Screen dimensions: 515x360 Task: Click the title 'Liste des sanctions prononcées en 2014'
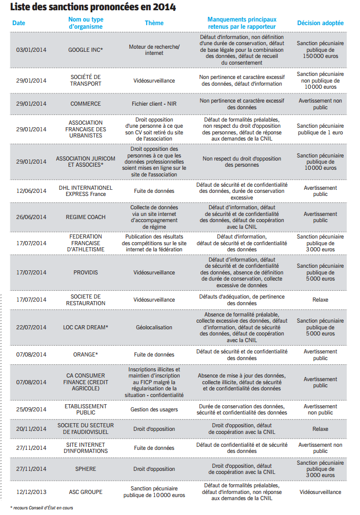pyautogui.click(x=93, y=7)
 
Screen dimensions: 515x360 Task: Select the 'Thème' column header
pyautogui.click(x=154, y=23)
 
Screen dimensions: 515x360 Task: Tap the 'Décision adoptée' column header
pyautogui.click(x=321, y=23)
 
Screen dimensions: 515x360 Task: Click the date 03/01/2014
pyautogui.click(x=31, y=50)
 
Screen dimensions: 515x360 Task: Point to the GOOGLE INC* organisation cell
pyautogui.click(x=86, y=50)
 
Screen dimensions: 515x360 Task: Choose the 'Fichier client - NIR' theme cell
pyautogui.click(x=154, y=104)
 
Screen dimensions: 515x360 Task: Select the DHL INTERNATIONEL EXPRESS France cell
pyautogui.click(x=86, y=191)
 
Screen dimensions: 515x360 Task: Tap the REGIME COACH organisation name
pyautogui.click(x=86, y=217)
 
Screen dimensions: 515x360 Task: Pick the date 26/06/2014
pyautogui.click(x=31, y=217)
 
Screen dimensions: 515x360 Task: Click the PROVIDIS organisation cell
pyautogui.click(x=86, y=272)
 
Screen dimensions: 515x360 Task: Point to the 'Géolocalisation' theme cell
pyautogui.click(x=154, y=327)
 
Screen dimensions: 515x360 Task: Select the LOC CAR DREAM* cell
pyautogui.click(x=86, y=327)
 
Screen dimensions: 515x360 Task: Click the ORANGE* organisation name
pyautogui.click(x=86, y=354)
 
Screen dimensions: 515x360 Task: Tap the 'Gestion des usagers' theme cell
pyautogui.click(x=154, y=409)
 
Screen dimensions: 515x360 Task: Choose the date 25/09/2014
pyautogui.click(x=31, y=409)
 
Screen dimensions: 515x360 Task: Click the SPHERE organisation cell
pyautogui.click(x=86, y=469)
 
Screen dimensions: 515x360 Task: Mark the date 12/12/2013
pyautogui.click(x=31, y=492)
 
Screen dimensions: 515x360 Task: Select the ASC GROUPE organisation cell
pyautogui.click(x=86, y=492)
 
